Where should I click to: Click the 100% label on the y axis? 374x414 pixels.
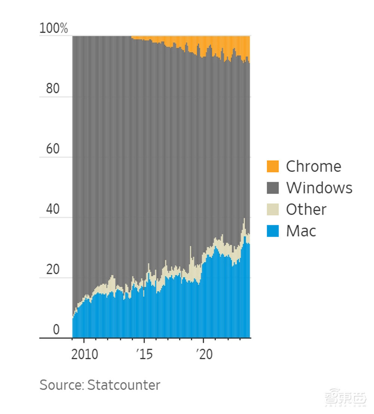pos(53,28)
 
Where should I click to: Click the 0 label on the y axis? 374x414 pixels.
pos(56,330)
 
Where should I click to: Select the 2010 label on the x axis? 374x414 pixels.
pos(85,354)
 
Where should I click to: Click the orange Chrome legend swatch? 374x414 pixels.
pos(273,166)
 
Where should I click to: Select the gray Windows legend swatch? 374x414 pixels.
pos(273,188)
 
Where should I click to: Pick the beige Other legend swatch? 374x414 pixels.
pos(273,209)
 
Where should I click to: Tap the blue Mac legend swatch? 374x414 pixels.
pos(273,231)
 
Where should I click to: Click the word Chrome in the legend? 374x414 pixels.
pos(313,166)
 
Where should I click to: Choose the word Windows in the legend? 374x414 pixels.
pos(319,188)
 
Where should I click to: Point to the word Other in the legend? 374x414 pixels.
pos(306,209)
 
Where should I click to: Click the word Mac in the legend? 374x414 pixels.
pos(301,231)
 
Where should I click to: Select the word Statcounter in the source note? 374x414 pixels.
pos(124,385)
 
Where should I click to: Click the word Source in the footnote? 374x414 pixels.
pos(61,385)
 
